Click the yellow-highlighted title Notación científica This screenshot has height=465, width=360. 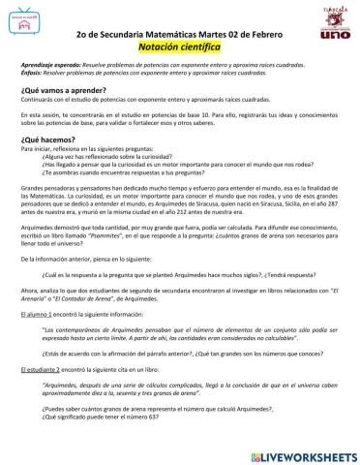click(x=181, y=46)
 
